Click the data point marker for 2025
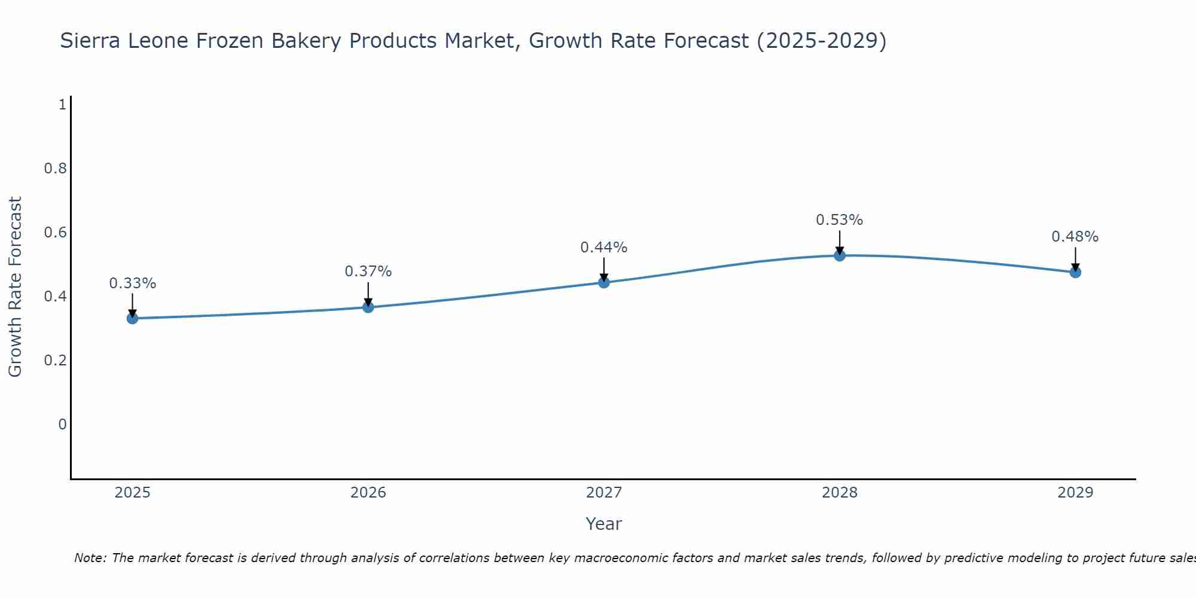coord(133,318)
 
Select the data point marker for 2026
coord(368,307)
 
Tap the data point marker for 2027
coord(604,282)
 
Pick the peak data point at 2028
coord(840,256)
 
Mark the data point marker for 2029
coord(1075,272)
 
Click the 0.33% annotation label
coord(133,283)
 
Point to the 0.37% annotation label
coord(368,271)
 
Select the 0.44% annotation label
coord(604,248)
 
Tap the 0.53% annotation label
coord(840,220)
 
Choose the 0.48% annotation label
coord(1075,237)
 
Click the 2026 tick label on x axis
coord(368,493)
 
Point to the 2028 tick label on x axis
coord(840,493)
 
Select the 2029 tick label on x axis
coord(1075,493)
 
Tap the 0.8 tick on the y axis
coord(55,169)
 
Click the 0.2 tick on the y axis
coord(55,361)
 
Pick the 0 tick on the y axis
coord(62,425)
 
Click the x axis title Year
coord(604,524)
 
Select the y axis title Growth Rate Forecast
coord(16,287)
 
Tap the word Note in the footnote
coord(90,558)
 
